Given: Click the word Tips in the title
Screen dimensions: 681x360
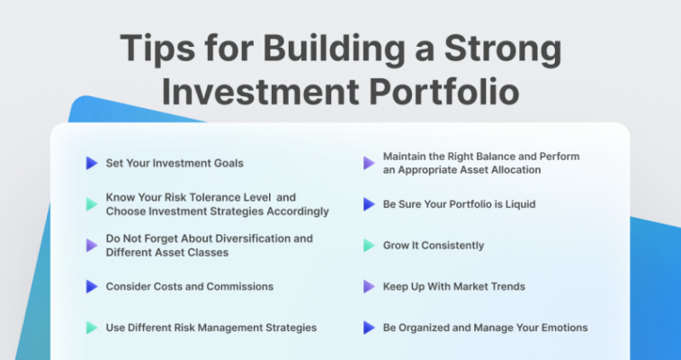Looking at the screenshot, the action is pyautogui.click(x=157, y=47).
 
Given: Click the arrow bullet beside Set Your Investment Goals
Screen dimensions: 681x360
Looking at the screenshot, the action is pyautogui.click(x=92, y=163).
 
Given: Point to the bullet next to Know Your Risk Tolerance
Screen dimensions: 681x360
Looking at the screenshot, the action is pyautogui.click(x=92, y=204).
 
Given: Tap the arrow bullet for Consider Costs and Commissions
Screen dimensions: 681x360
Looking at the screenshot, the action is pyautogui.click(x=92, y=286).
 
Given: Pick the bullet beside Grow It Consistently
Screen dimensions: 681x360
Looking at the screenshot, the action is pyautogui.click(x=369, y=246).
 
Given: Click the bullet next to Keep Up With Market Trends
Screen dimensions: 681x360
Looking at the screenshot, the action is pyautogui.click(x=369, y=286).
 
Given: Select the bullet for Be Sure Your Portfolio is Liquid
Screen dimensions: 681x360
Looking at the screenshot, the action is pyautogui.click(x=369, y=204).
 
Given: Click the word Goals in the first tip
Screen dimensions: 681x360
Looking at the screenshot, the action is pyautogui.click(x=228, y=163).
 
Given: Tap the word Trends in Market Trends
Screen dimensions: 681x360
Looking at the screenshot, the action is pyautogui.click(x=509, y=286).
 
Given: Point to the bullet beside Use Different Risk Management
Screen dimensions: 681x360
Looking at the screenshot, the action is pyautogui.click(x=92, y=328).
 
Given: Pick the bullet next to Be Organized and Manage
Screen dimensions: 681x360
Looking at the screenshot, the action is pyautogui.click(x=369, y=328).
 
